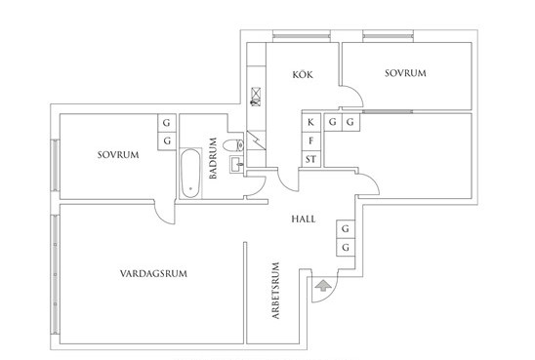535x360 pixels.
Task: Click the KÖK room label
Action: point(303,75)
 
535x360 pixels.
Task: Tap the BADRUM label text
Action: point(213,158)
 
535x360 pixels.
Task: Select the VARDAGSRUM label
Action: point(153,273)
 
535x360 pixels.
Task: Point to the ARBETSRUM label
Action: point(275,291)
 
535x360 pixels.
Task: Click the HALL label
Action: point(304,219)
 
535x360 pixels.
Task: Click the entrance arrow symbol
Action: point(323,285)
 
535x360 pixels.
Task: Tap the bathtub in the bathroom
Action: point(190,174)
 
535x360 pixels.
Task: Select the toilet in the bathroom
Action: point(233,145)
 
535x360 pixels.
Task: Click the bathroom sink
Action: point(237,164)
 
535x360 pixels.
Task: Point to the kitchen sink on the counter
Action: point(256,97)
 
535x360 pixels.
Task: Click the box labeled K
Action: point(311,122)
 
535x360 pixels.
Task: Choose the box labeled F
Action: point(311,141)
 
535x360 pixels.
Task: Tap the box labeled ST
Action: point(311,159)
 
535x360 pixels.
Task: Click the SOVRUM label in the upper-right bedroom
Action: point(405,73)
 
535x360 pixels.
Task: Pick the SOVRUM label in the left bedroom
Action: point(118,155)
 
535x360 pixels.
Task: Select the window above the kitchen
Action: point(302,36)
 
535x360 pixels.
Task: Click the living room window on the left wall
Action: point(56,274)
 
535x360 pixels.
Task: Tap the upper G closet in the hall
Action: point(346,228)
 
